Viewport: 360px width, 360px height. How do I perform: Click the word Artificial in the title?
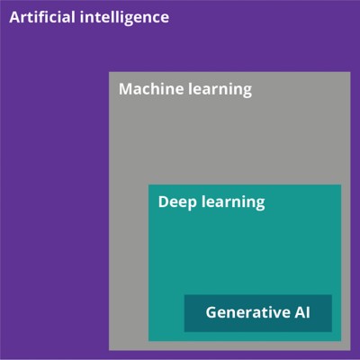tap(42, 17)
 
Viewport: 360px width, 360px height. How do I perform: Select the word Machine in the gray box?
tap(151, 89)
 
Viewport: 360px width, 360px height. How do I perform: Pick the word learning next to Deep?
tap(233, 203)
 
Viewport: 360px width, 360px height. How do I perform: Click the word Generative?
tap(246, 312)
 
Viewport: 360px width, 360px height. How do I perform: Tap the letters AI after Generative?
tap(301, 312)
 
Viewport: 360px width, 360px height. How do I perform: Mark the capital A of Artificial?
tap(14, 17)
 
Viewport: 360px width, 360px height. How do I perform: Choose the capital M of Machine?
tap(125, 89)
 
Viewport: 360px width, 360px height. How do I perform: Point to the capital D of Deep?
tap(164, 202)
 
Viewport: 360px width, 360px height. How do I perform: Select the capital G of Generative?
tap(211, 312)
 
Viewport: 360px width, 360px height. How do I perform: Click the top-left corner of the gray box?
tap(109, 72)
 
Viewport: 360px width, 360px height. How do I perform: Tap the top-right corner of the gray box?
tap(350, 72)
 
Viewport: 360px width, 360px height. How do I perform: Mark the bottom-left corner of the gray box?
tap(109, 350)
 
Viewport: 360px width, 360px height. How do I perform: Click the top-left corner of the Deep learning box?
tap(148, 184)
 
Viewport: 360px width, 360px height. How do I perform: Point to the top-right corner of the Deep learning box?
tap(341, 184)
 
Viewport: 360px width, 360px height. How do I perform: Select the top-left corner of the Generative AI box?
tap(184, 295)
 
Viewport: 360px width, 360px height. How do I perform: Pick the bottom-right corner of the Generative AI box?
tap(332, 332)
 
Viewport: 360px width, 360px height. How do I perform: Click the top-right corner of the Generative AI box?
tap(332, 295)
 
